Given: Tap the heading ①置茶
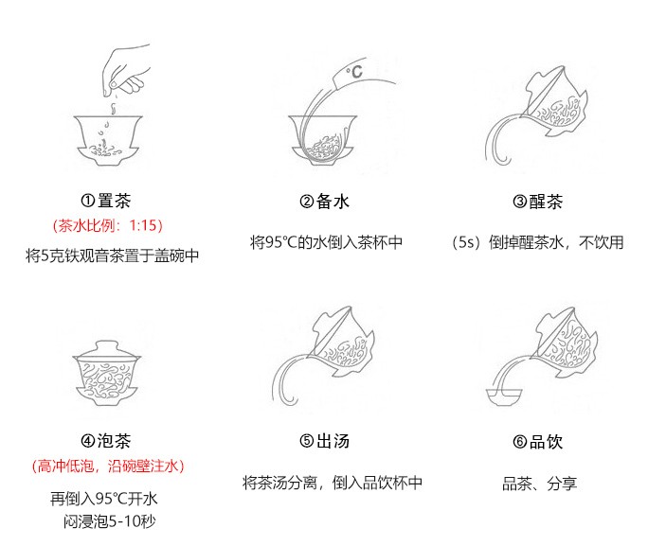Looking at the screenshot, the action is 106,201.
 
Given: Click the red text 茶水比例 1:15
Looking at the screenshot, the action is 108,225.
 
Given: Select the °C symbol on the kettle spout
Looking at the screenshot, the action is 354,72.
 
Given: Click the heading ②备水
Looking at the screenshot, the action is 324,202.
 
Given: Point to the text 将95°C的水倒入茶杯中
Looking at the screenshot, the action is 326,242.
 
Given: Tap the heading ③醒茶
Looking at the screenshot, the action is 537,202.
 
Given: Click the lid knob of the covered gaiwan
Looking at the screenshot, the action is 106,344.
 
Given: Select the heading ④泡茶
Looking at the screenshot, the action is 106,441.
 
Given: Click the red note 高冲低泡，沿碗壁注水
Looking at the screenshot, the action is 108,467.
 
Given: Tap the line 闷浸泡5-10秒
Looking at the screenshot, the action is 110,521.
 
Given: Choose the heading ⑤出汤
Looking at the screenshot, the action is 324,441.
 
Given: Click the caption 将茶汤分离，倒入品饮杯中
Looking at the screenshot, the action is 333,483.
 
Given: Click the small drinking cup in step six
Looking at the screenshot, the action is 504,396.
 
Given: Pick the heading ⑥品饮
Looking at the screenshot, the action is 537,442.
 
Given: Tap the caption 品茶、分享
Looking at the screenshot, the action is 539,484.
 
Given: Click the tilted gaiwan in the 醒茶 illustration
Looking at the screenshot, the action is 555,101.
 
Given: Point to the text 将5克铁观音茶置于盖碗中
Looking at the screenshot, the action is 112,255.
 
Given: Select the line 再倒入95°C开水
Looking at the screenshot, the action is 104,498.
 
